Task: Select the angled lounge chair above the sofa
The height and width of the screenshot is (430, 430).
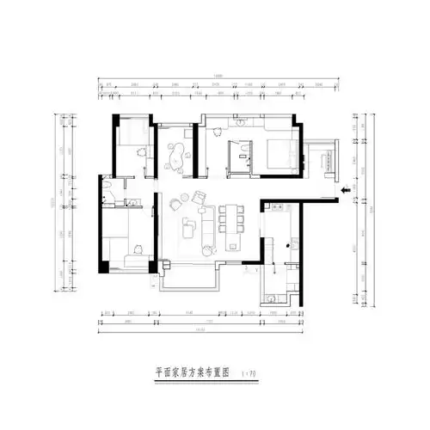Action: click(200, 199)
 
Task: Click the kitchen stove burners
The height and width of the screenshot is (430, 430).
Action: click(278, 207)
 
